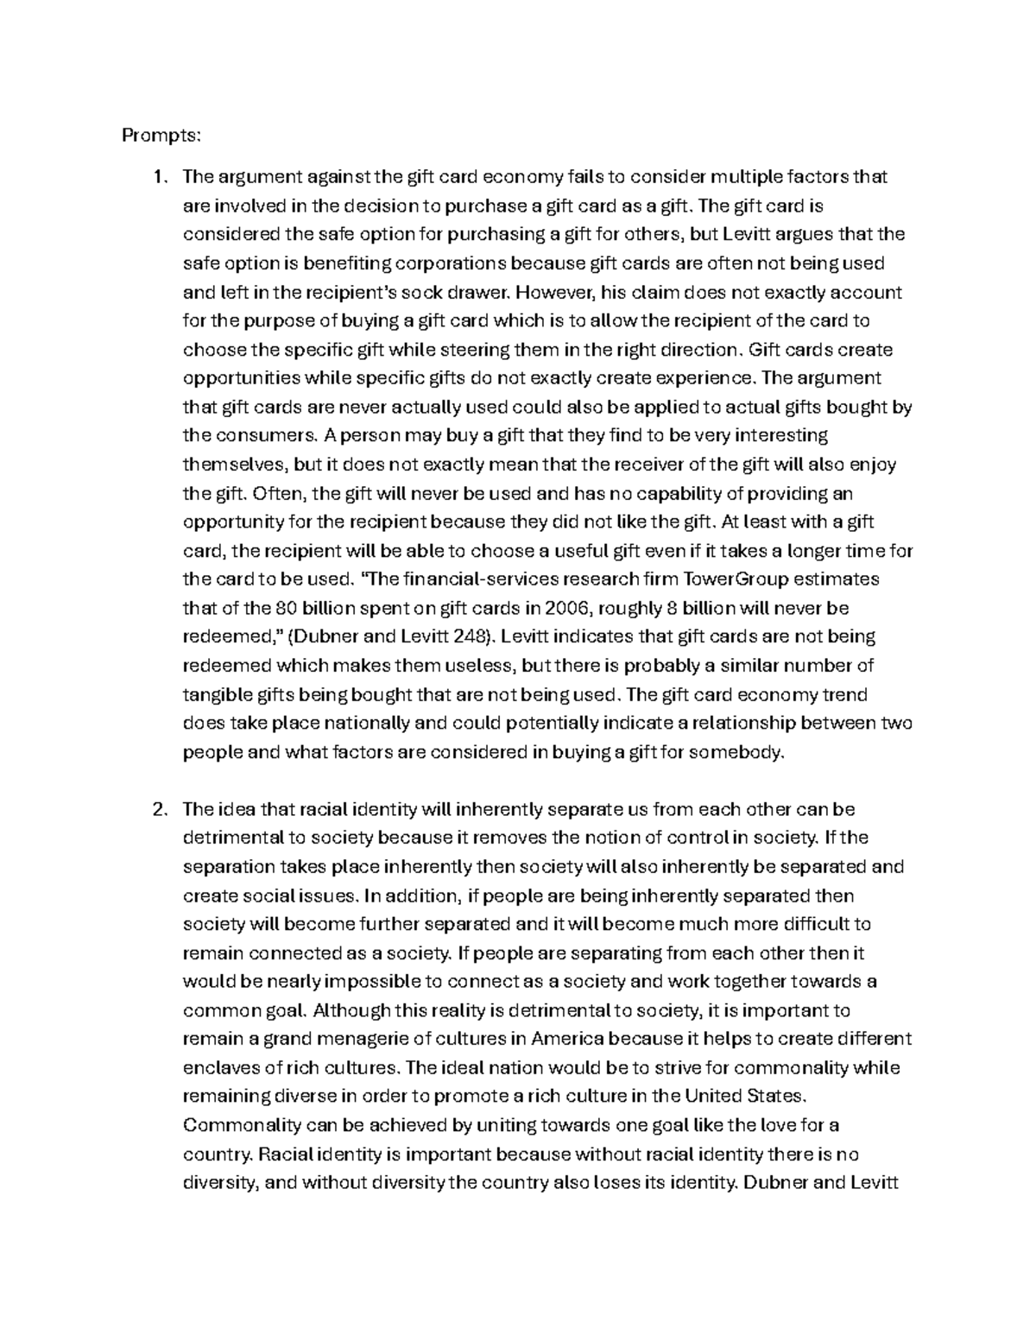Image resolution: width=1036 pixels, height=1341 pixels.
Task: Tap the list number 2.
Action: pyautogui.click(x=157, y=809)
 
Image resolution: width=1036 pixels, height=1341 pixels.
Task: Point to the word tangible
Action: pyautogui.click(x=215, y=694)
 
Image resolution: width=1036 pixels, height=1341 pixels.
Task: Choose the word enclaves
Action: pyautogui.click(x=218, y=1067)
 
